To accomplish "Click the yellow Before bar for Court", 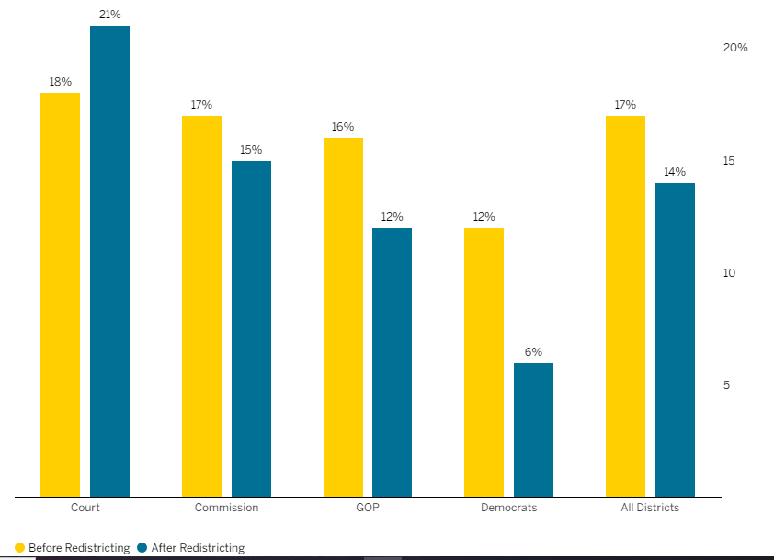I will (x=60, y=294).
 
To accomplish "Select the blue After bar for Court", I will (x=109, y=262).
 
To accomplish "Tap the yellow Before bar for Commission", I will (x=201, y=306).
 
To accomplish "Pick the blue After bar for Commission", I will (x=251, y=329).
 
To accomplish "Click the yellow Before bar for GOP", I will (x=343, y=317).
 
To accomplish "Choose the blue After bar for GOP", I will (x=392, y=362).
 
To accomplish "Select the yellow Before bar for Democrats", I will (x=484, y=362).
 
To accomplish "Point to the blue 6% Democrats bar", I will (x=533, y=430).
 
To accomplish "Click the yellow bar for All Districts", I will (x=625, y=306).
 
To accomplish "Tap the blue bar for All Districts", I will (x=675, y=340).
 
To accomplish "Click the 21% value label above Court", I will (x=109, y=15).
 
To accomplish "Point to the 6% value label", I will (x=533, y=352).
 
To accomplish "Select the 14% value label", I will (x=675, y=172).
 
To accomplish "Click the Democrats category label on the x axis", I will (x=508, y=508).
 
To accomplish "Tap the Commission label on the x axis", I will (x=226, y=508).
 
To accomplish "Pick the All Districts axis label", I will (x=650, y=508).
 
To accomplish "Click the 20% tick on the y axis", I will (x=734, y=48).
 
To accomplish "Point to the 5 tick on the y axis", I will (x=726, y=385).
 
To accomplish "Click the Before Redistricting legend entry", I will (x=73, y=548).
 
